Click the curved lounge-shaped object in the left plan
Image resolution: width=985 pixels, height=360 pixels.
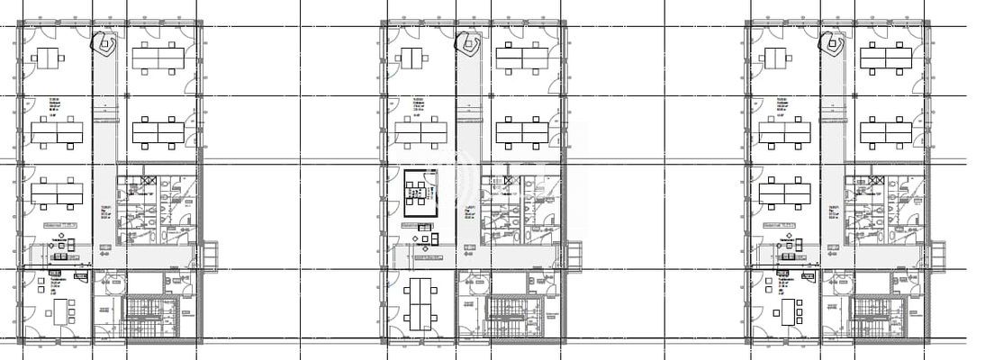coord(107,44)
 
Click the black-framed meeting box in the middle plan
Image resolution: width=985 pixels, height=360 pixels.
coord(419,192)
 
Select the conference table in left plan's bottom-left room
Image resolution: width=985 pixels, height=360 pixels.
coord(61,311)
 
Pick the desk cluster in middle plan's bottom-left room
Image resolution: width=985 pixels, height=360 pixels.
coord(420,304)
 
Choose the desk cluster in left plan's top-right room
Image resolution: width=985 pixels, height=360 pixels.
coord(158,58)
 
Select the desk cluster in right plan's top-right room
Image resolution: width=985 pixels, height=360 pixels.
coord(886,58)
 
